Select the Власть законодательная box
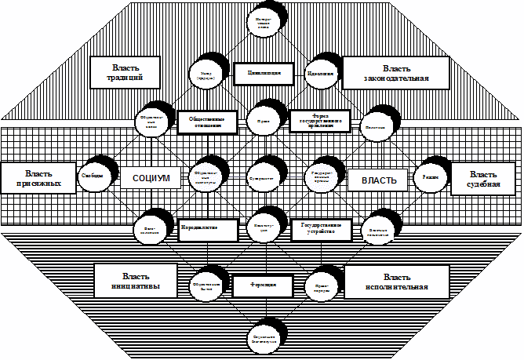click(x=395, y=73)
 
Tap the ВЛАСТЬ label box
click(x=373, y=180)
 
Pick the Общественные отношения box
click(x=207, y=123)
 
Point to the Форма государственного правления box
click(x=318, y=122)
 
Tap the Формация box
click(x=262, y=285)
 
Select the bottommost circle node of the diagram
click(x=262, y=333)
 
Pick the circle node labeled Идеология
click(x=318, y=74)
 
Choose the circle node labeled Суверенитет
click(x=262, y=176)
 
